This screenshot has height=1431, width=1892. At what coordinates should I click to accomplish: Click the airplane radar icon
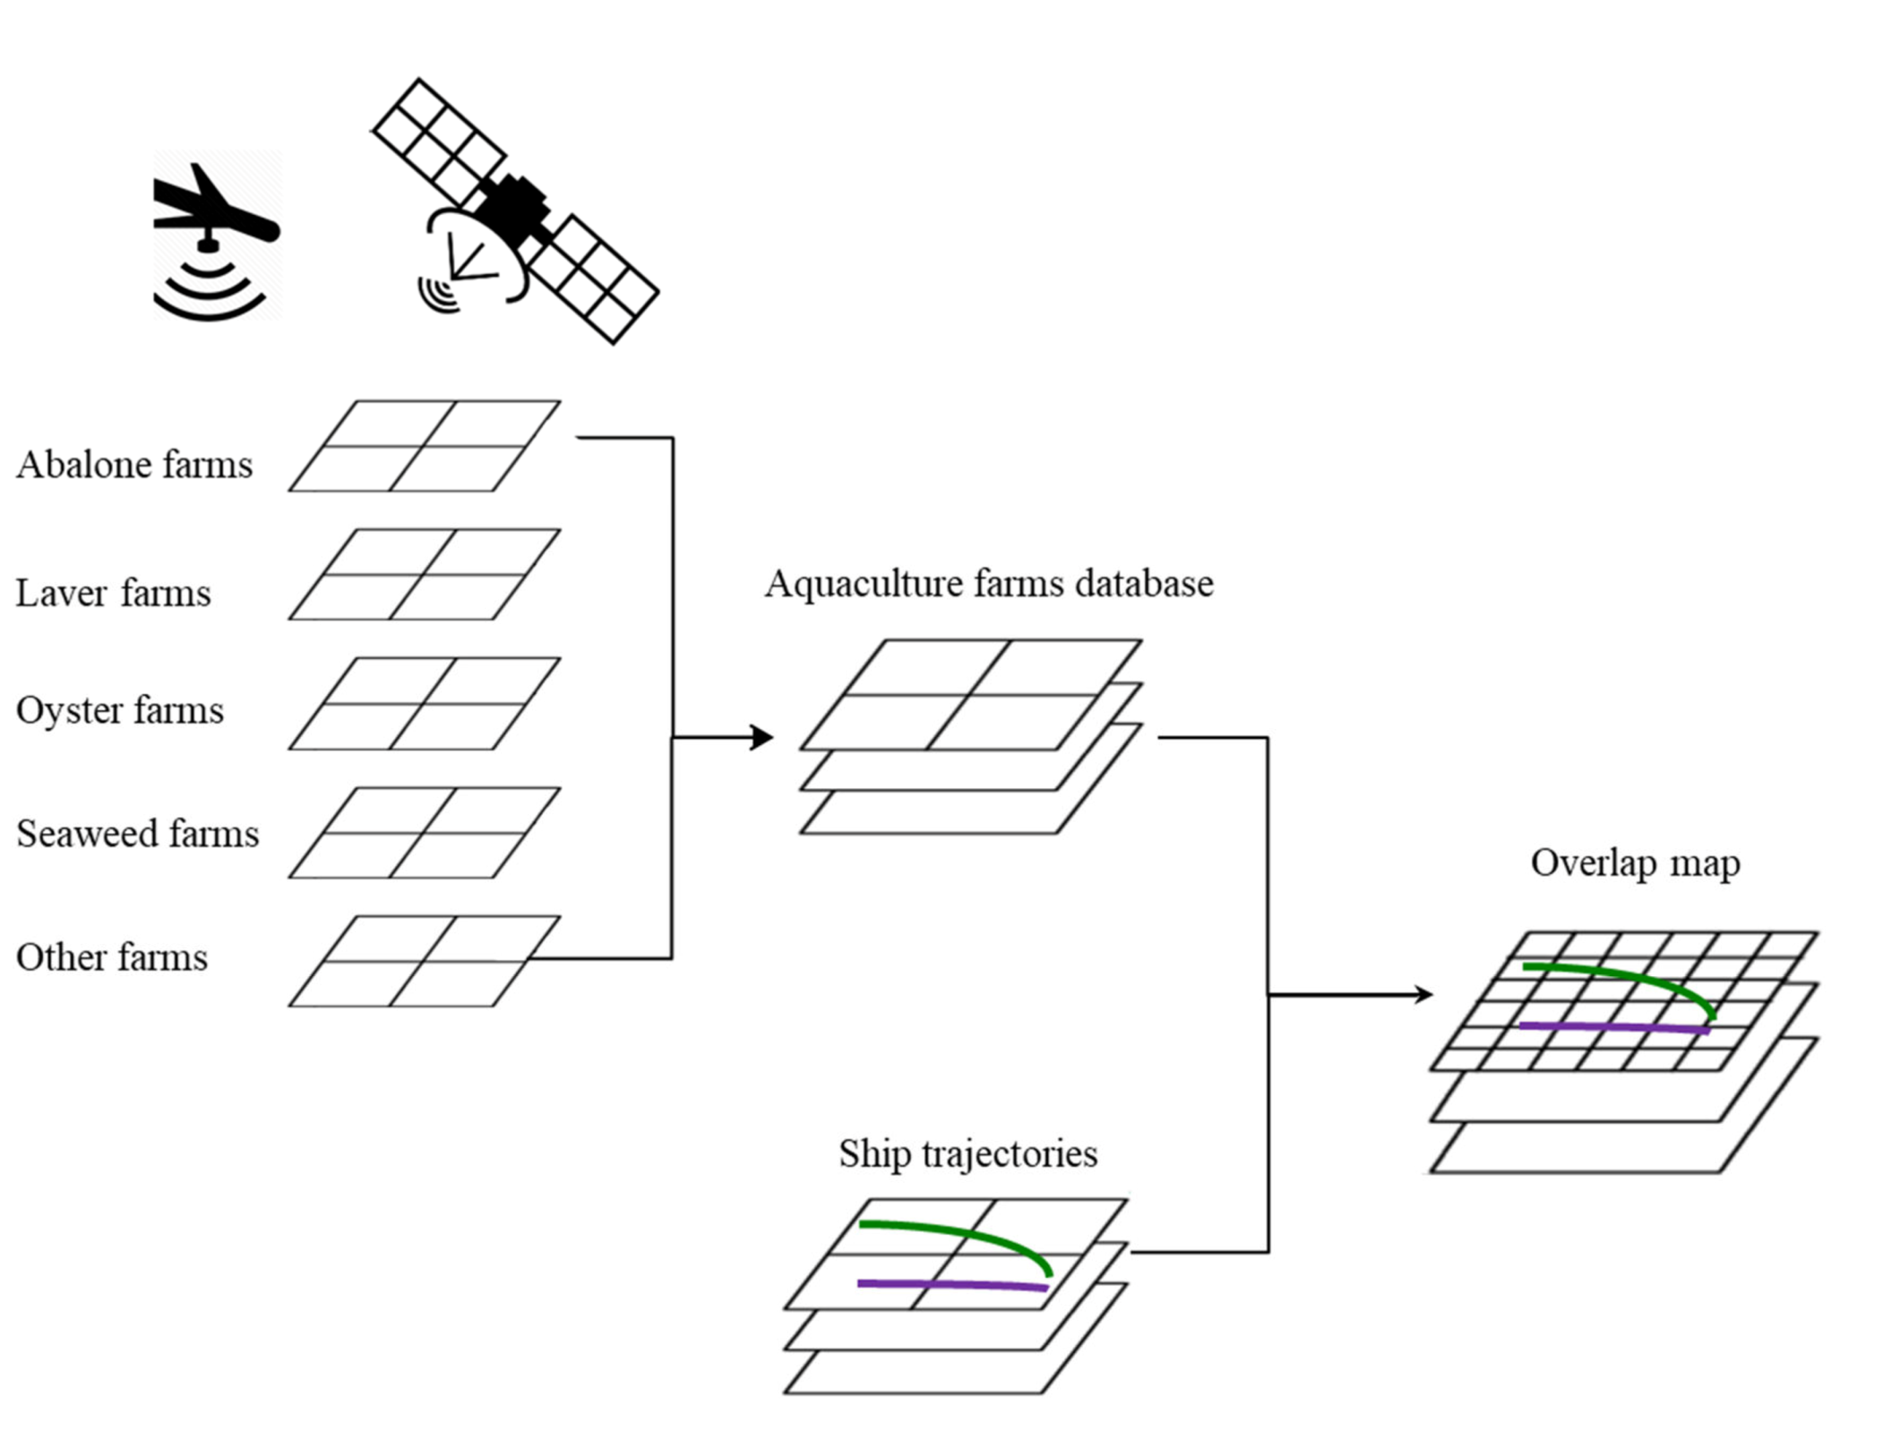click(x=216, y=235)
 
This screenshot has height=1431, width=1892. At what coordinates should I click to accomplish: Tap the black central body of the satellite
click(x=511, y=208)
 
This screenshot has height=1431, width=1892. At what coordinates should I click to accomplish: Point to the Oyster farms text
click(x=120, y=711)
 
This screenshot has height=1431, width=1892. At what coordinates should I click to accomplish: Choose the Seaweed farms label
click(x=137, y=834)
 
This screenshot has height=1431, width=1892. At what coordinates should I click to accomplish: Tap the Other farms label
click(x=111, y=958)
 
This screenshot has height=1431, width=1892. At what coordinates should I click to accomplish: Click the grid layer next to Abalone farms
click(x=424, y=445)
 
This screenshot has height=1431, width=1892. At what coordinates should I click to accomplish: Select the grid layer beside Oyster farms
click(x=424, y=704)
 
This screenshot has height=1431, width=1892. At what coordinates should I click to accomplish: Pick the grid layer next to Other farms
click(x=424, y=961)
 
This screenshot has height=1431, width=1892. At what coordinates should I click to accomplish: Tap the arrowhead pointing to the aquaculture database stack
click(x=762, y=736)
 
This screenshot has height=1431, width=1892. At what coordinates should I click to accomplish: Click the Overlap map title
click(x=1635, y=864)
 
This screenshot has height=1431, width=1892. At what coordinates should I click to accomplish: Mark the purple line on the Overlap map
click(x=1612, y=1027)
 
